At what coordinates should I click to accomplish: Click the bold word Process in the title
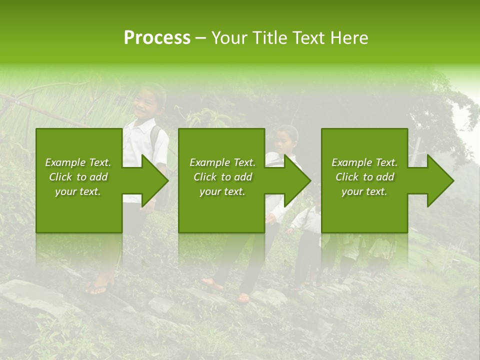[x=157, y=38]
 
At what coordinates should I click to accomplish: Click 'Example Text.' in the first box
[x=78, y=162]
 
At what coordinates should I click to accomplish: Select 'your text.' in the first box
[x=78, y=191]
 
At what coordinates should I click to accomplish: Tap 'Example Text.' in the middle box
[x=222, y=162]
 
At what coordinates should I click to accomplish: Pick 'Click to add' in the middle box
[x=222, y=177]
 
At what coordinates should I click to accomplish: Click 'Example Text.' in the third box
[x=364, y=162]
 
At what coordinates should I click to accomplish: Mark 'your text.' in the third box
[x=364, y=191]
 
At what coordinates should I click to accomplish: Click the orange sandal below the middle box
[x=243, y=298]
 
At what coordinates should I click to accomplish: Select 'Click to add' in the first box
[x=78, y=177]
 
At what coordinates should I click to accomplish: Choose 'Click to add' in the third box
[x=364, y=177]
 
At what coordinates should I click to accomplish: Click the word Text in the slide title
[x=309, y=38]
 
